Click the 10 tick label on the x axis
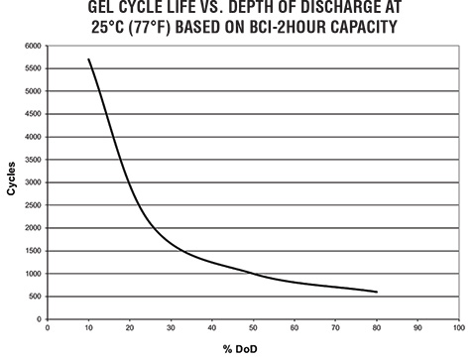[89, 326]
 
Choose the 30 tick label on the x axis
[172, 326]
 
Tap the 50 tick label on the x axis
[253, 326]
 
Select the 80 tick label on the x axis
[376, 326]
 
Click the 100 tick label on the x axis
[457, 326]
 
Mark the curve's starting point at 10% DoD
[89, 60]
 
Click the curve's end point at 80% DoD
[376, 292]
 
